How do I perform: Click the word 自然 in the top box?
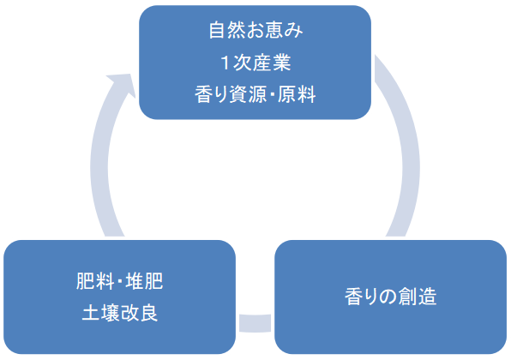point(225,32)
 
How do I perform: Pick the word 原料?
point(300,94)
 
